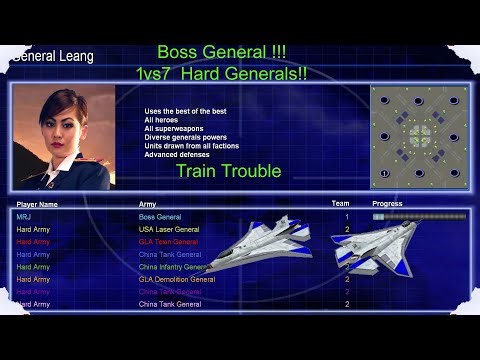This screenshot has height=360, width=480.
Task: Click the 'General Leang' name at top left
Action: tap(52, 57)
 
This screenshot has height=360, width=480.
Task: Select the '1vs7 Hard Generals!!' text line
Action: tap(223, 73)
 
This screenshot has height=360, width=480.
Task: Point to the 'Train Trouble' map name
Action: tap(228, 171)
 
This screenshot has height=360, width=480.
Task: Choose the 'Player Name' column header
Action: tap(37, 204)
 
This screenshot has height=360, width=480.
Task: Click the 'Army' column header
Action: tap(147, 204)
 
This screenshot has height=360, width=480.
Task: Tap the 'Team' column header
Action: tap(340, 203)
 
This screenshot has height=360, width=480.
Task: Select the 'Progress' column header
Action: tap(387, 203)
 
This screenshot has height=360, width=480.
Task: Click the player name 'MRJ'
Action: tap(24, 217)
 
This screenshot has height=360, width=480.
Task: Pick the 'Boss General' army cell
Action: tap(161, 217)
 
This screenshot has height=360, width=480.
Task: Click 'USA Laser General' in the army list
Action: tap(169, 229)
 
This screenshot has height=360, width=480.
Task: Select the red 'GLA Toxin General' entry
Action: tap(168, 242)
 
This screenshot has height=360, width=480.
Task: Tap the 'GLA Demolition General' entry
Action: tap(176, 279)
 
